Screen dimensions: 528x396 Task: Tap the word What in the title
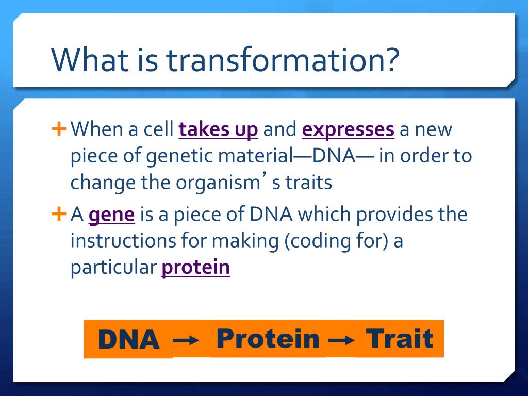(90, 59)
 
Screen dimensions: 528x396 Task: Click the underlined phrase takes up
(218, 129)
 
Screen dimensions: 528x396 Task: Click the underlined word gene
(111, 215)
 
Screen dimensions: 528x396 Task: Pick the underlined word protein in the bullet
(195, 268)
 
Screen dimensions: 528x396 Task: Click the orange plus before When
(59, 128)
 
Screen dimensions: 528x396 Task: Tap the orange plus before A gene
(59, 213)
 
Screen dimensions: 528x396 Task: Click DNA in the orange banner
(128, 339)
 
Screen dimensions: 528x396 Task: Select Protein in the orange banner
(268, 338)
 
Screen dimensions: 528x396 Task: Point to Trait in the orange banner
(400, 338)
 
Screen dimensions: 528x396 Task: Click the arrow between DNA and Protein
(186, 340)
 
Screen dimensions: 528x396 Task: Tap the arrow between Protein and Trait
(341, 340)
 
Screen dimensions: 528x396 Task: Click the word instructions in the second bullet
(123, 241)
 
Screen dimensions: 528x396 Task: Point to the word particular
(113, 268)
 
